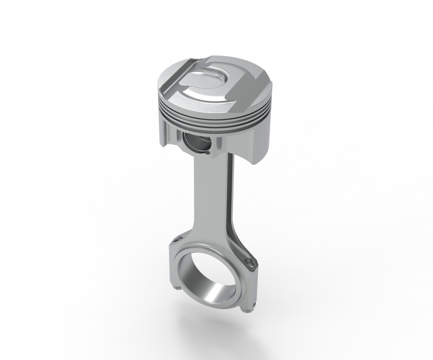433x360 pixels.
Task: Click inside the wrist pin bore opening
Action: click(x=197, y=143)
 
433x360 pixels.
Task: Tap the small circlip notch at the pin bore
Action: click(x=209, y=153)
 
